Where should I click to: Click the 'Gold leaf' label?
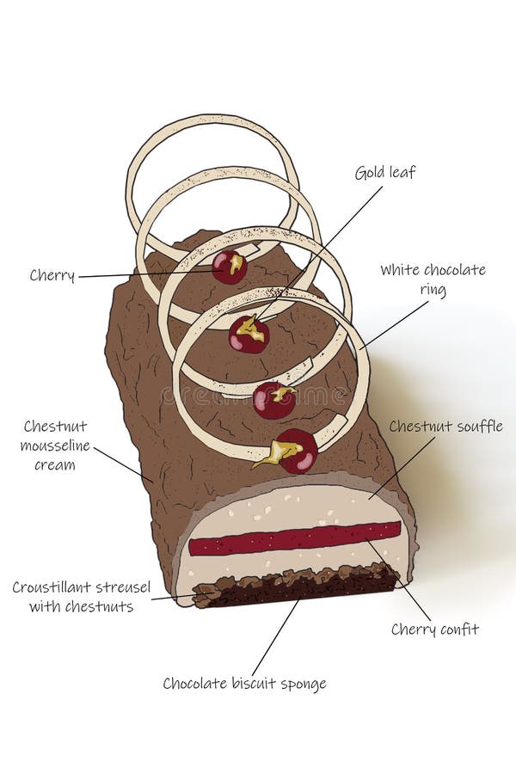384,173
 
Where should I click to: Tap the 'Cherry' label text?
52,276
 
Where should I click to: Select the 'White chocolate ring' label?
433,279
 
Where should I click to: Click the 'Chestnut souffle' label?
445,427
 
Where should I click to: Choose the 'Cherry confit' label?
434,630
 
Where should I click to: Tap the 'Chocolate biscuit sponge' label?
245,684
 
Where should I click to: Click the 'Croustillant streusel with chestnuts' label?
81,597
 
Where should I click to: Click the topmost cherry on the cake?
230,267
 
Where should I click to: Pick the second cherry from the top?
249,335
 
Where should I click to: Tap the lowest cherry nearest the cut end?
298,451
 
